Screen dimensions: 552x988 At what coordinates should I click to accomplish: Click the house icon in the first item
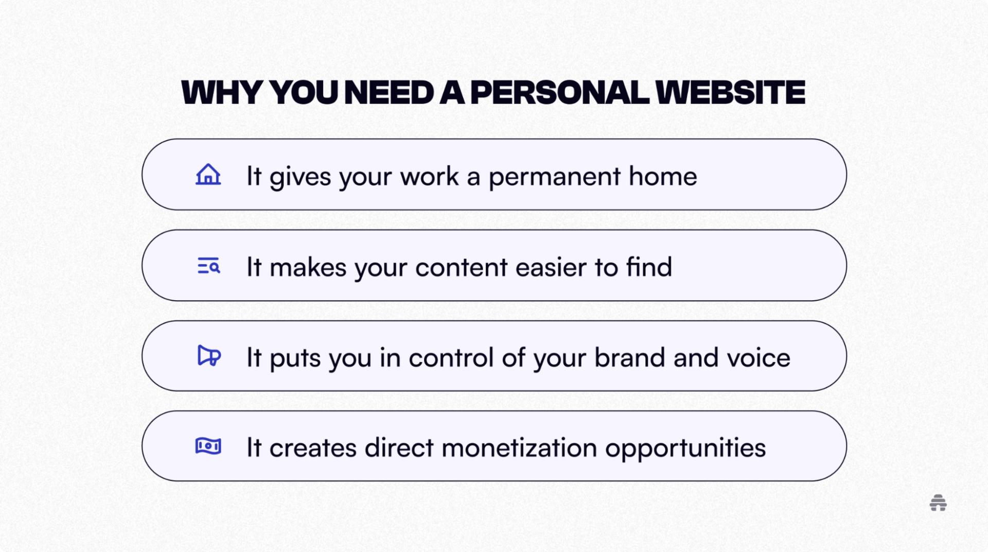(208, 175)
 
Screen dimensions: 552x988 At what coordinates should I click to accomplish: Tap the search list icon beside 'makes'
(208, 266)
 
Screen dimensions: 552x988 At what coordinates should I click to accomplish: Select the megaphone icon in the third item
(209, 356)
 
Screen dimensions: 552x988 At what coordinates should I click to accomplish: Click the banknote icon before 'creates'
(208, 446)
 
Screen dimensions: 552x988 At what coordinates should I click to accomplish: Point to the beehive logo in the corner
(938, 503)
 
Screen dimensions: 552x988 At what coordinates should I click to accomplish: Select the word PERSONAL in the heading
(559, 93)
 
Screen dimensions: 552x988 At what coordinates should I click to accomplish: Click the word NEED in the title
(389, 93)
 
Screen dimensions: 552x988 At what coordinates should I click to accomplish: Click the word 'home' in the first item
(663, 176)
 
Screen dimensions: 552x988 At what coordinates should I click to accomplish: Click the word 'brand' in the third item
(629, 357)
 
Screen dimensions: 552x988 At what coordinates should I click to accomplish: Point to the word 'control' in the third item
(451, 357)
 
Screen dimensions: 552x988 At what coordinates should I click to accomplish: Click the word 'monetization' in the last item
(519, 447)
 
